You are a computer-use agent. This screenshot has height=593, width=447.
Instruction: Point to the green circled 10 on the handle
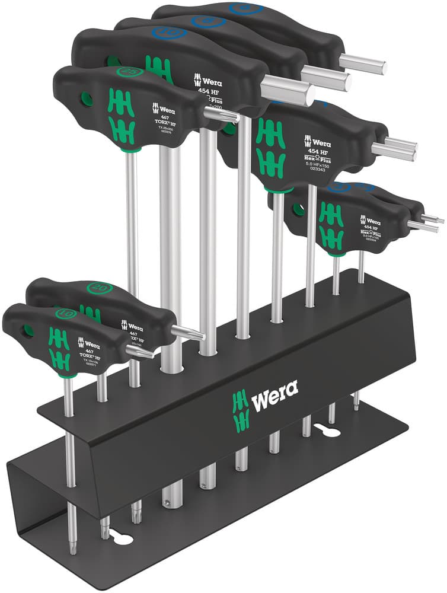tap(64, 313)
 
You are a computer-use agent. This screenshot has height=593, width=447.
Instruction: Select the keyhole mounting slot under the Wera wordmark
tap(324, 431)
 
